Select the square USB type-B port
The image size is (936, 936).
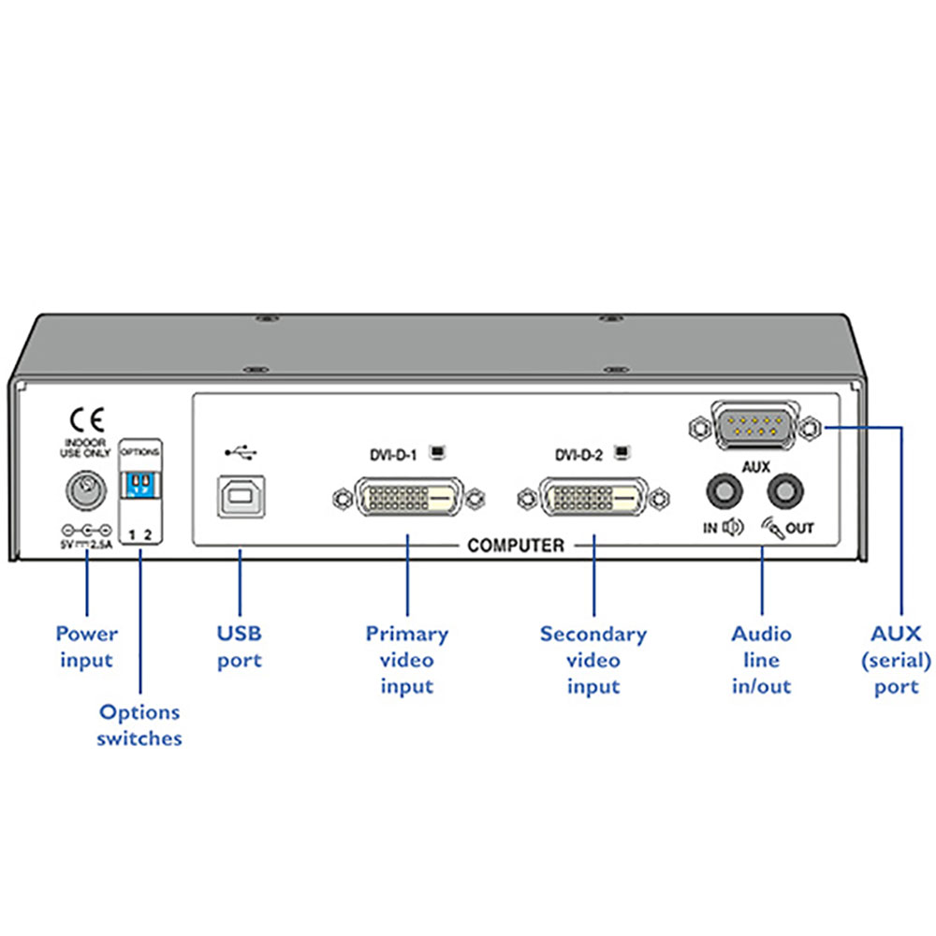[x=240, y=496]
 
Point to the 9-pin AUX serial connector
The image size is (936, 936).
[x=755, y=430]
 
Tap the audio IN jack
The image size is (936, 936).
[x=724, y=490]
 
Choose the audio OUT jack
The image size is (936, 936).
[x=784, y=490]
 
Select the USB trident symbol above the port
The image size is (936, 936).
[x=241, y=453]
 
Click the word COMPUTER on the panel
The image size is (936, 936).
[x=516, y=545]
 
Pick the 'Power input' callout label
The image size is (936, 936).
[x=86, y=647]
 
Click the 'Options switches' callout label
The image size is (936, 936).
[x=140, y=725]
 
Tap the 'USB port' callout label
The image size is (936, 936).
[x=240, y=647]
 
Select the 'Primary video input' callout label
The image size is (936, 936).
[x=407, y=660]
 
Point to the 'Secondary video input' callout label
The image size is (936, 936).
[x=593, y=660]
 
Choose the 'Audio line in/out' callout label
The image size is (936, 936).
[x=761, y=660]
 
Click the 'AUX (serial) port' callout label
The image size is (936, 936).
[x=896, y=660]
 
